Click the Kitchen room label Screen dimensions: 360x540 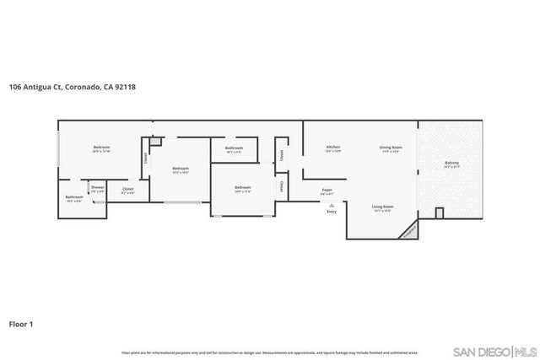(333, 148)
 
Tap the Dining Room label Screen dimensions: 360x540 (391, 148)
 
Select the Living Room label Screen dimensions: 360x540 (385, 206)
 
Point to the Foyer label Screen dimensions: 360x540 (327, 190)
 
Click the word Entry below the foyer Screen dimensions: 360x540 (332, 211)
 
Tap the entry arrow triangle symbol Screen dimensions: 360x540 (332, 204)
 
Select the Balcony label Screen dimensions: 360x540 (452, 163)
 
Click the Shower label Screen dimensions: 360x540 (98, 187)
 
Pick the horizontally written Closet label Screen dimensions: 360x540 (128, 189)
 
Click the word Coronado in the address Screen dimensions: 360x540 (87, 86)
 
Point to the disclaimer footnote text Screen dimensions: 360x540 (270, 352)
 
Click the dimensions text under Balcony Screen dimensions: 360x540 (452, 168)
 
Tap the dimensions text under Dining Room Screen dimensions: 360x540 (391, 152)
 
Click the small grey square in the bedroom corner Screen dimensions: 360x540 (154, 141)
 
